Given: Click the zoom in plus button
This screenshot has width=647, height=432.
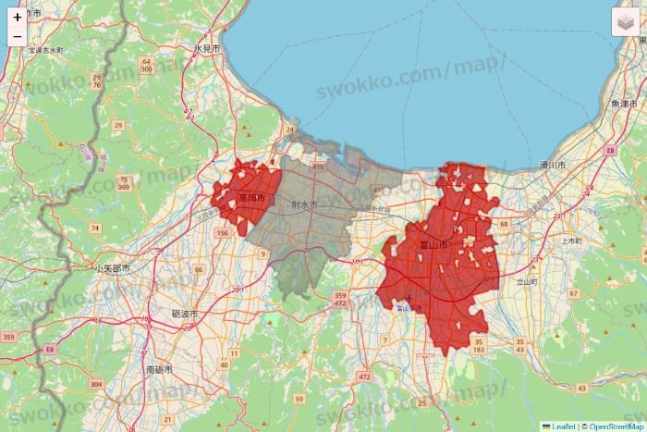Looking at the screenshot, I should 18,17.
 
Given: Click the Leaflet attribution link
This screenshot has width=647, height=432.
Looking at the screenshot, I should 562,426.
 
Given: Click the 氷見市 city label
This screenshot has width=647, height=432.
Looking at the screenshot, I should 207,48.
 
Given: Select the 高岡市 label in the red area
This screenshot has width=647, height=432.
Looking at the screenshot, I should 251,198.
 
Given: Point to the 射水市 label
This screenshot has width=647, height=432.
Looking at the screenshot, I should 304,204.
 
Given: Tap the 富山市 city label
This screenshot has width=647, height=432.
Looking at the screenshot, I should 433,245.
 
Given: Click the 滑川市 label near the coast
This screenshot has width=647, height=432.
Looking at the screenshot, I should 553,165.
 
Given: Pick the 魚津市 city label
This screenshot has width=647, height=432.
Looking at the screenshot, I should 624,104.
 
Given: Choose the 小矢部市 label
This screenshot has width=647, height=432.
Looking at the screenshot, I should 112,268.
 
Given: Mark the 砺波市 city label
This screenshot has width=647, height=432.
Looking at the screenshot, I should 185,315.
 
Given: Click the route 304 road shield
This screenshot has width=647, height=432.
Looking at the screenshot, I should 97,383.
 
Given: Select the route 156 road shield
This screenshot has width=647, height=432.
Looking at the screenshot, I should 222,234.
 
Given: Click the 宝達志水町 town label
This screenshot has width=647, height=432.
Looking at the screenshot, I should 44,50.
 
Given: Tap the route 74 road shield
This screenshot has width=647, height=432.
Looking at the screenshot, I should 95,228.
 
